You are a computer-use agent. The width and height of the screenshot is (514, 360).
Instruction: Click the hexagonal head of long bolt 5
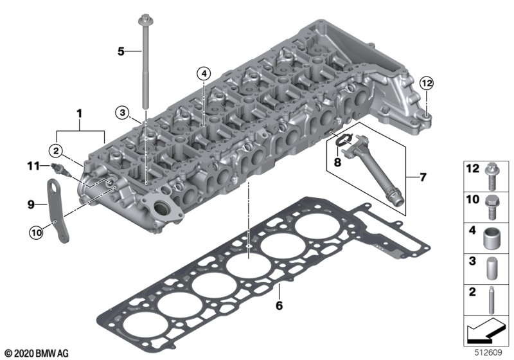(x=144, y=20)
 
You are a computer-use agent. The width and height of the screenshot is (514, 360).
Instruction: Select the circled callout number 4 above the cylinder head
(x=204, y=74)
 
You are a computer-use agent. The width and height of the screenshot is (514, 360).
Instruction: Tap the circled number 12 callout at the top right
(x=427, y=84)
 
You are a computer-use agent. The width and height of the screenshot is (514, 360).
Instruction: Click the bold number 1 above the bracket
(x=79, y=114)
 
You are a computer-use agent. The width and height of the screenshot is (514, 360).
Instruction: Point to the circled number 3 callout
(x=122, y=113)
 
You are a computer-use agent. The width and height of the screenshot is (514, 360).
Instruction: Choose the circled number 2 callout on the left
(x=56, y=151)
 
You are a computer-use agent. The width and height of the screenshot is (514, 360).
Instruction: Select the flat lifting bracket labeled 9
(x=58, y=211)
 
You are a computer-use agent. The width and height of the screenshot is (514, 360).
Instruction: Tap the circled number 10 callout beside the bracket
(x=36, y=233)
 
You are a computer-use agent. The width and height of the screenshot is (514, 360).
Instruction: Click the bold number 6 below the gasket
(x=279, y=305)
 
